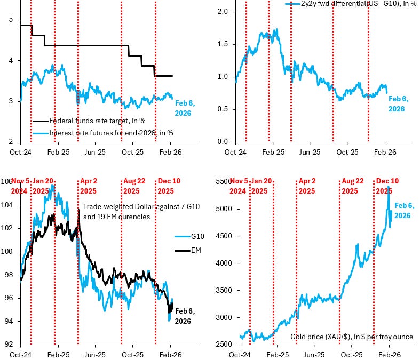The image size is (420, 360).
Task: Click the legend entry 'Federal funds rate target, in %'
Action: [x=97, y=121]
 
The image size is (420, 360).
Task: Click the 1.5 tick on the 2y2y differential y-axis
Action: [x=223, y=44]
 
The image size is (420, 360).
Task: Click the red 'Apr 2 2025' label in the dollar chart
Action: [x=88, y=186]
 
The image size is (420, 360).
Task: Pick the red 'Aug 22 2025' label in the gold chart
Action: [x=350, y=186]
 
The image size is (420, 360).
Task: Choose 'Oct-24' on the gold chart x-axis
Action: [x=240, y=354]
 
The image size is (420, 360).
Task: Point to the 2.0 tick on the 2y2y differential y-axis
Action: [x=223, y=11]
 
